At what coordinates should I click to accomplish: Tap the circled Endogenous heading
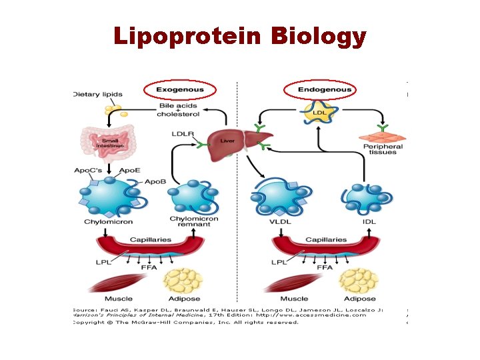tap(325, 89)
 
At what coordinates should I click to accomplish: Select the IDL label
tap(369, 221)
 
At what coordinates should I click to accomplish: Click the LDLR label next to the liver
tap(181, 134)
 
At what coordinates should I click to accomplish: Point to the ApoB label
tap(155, 181)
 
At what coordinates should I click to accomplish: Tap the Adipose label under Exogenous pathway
tap(185, 299)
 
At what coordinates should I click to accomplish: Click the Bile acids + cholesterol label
tap(178, 109)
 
